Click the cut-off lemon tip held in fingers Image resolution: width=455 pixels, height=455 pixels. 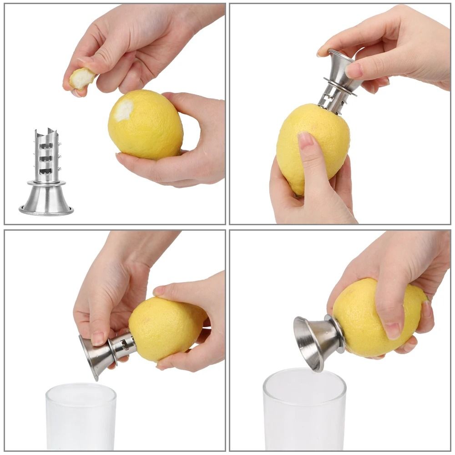[82, 79]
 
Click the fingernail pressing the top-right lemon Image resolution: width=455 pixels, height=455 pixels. [305, 139]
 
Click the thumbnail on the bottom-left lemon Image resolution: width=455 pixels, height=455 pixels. [160, 291]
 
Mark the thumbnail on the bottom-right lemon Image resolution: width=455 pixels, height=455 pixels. [392, 329]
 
